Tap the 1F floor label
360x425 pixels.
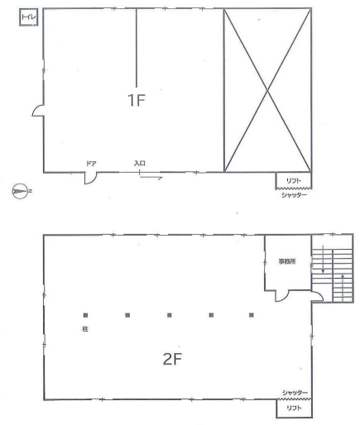tap(137, 100)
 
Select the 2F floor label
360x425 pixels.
tap(172, 359)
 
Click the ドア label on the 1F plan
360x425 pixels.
tap(91, 164)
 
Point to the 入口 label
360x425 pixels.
tap(140, 163)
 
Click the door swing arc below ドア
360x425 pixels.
tap(94, 179)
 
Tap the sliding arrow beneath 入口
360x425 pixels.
tap(151, 178)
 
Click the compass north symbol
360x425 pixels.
tap(21, 191)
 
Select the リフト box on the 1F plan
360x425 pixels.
tap(294, 180)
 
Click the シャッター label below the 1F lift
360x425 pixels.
tap(294, 195)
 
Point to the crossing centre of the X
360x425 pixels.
tap(267, 90)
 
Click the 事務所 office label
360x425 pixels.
tap(287, 261)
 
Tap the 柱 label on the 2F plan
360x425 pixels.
tap(85, 329)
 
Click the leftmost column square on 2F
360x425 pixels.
tap(85, 315)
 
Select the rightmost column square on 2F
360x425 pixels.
tap(251, 315)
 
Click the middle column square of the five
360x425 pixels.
tap(170, 315)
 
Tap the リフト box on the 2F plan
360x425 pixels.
tap(294, 408)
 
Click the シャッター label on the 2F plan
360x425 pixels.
tap(295, 393)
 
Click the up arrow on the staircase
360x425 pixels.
tap(343, 287)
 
